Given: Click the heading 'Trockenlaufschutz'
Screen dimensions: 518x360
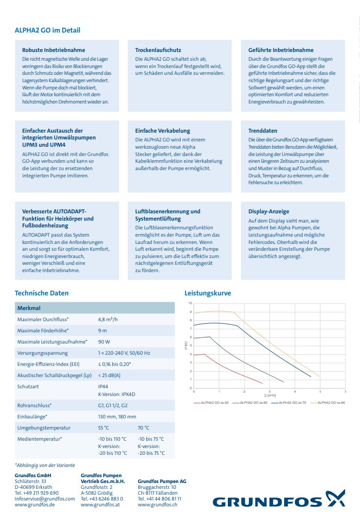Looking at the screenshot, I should click(x=158, y=50).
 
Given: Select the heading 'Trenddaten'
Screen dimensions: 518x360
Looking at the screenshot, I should click(x=263, y=131).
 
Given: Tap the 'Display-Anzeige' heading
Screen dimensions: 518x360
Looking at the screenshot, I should click(x=269, y=211).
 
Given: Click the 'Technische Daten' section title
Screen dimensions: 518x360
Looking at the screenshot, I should click(x=42, y=293).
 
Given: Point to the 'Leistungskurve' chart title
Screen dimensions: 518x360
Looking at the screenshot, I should click(x=207, y=293).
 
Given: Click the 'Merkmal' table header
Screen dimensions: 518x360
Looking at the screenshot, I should click(x=29, y=308).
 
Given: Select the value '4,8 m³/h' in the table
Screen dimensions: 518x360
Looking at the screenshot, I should click(x=108, y=319).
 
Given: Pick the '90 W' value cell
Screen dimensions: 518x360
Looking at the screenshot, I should click(x=104, y=342).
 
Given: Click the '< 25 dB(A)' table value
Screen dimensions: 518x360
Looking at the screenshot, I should click(x=109, y=375).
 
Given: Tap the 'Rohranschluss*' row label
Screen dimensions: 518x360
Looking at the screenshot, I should click(x=34, y=405).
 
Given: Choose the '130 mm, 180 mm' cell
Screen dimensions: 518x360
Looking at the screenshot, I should click(x=117, y=416).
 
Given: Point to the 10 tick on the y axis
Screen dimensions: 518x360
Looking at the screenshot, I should click(x=190, y=303).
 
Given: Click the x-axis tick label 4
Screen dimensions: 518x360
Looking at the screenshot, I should click(x=295, y=391).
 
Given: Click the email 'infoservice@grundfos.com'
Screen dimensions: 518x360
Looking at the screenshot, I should click(x=45, y=499).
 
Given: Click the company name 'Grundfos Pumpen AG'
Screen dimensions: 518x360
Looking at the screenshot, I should click(x=162, y=481).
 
